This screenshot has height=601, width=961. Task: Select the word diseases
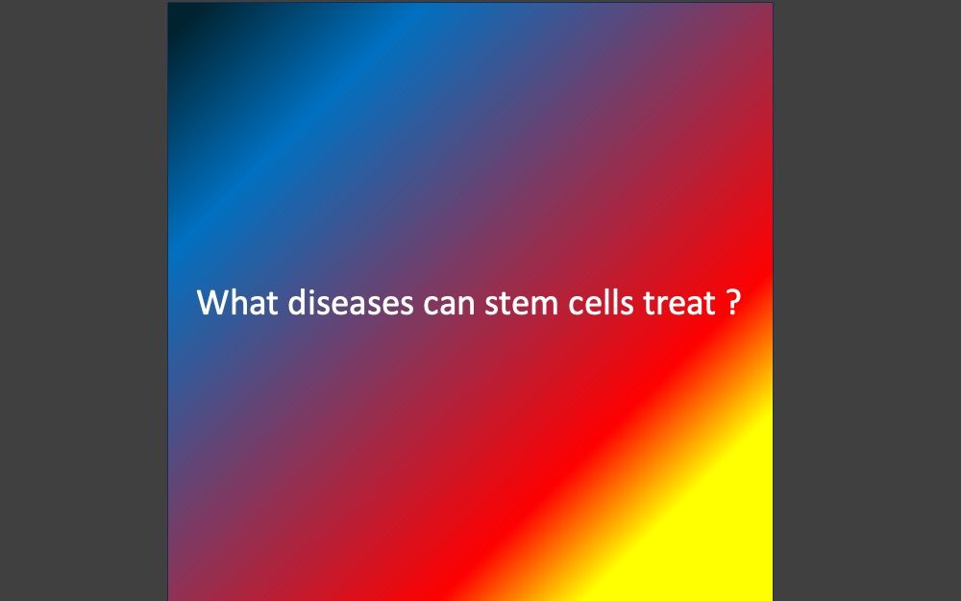[x=350, y=302]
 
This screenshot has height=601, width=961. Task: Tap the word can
[x=449, y=305]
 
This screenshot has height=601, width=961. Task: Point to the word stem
[x=522, y=304]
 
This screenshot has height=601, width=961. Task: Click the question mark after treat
[x=733, y=302]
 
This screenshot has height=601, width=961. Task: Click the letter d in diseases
[x=297, y=302]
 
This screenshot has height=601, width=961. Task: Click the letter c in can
[x=431, y=306]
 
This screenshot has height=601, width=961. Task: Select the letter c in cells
[x=577, y=306]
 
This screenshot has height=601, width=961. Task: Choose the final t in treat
[x=709, y=304]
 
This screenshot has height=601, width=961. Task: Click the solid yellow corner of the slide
[x=760, y=588]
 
